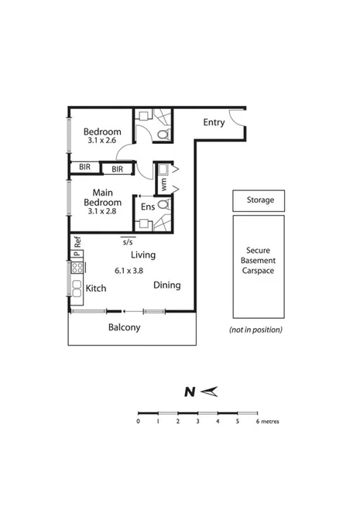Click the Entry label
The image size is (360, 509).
click(214, 122)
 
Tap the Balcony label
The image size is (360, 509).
click(124, 327)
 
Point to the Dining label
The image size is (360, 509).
click(166, 285)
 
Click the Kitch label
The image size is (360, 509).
click(95, 289)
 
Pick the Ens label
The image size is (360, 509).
click(146, 207)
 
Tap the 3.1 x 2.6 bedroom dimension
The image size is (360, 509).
click(101, 141)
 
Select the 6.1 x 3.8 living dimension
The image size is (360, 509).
click(129, 271)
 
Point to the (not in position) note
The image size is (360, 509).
click(255, 330)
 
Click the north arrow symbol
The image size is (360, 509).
click(207, 392)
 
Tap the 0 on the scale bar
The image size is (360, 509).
click(139, 422)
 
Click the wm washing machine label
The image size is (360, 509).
click(163, 185)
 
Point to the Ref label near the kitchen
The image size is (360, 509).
click(77, 241)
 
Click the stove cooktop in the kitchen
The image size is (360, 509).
click(77, 268)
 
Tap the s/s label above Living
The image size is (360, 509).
click(128, 241)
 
